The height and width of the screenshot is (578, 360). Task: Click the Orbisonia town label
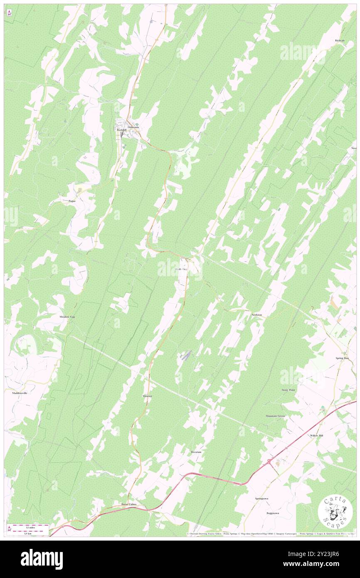[133, 127]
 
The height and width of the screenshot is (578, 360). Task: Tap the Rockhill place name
[121, 130]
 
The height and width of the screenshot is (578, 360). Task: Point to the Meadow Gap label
[67, 317]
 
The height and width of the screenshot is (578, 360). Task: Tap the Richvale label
[340, 40]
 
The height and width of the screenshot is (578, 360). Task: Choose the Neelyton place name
[256, 315]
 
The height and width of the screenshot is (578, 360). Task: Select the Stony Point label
[288, 390]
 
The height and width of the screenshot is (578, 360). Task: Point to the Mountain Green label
[275, 416]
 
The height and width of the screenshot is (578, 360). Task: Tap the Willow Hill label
[316, 435]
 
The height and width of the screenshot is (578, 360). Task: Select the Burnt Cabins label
[128, 504]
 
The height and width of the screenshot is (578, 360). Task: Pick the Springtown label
[261, 498]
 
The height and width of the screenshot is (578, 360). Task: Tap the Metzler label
[147, 396]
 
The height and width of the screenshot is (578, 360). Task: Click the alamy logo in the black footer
[42, 559]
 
